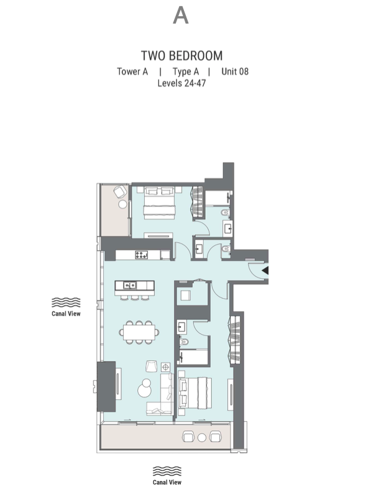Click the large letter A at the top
181,16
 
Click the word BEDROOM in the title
196,56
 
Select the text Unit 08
235,71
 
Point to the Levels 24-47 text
181,83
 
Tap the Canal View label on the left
66,314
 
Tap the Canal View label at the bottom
167,482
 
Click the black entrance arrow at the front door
265,270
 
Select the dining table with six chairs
139,332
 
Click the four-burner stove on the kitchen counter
141,255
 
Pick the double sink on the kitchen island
130,285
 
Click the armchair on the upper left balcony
120,191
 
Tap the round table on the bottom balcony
202,437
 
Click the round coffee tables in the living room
144,388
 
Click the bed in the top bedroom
159,203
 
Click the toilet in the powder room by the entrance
226,250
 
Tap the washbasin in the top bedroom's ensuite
227,228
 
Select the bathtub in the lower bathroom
193,357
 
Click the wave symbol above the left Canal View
66,302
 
